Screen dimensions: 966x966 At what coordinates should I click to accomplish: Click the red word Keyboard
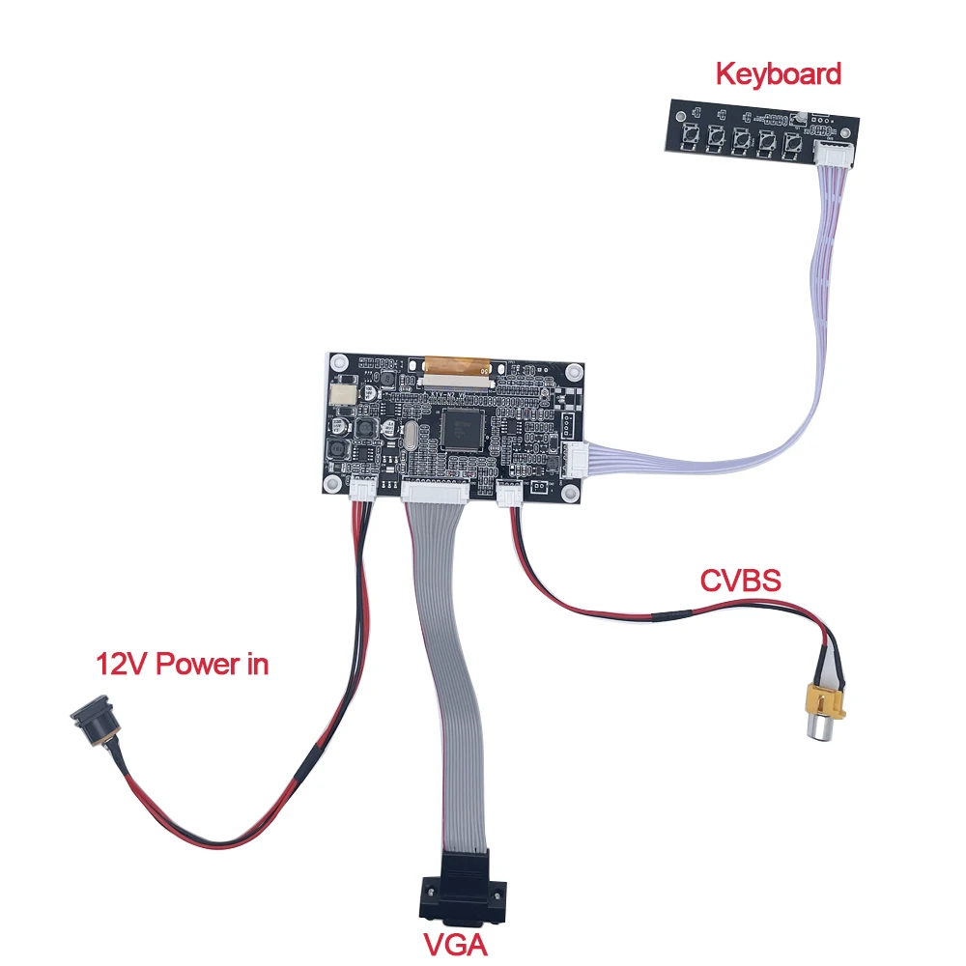click(x=778, y=73)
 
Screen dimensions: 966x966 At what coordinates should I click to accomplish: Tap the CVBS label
click(x=740, y=581)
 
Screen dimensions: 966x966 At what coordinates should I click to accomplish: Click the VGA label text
click(x=454, y=942)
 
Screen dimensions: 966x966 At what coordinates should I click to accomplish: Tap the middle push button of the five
click(x=742, y=141)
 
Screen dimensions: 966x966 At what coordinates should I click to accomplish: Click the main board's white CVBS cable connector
click(x=509, y=495)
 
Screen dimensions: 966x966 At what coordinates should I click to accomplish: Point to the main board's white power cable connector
click(x=363, y=490)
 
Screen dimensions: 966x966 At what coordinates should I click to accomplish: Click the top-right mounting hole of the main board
click(x=574, y=371)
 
